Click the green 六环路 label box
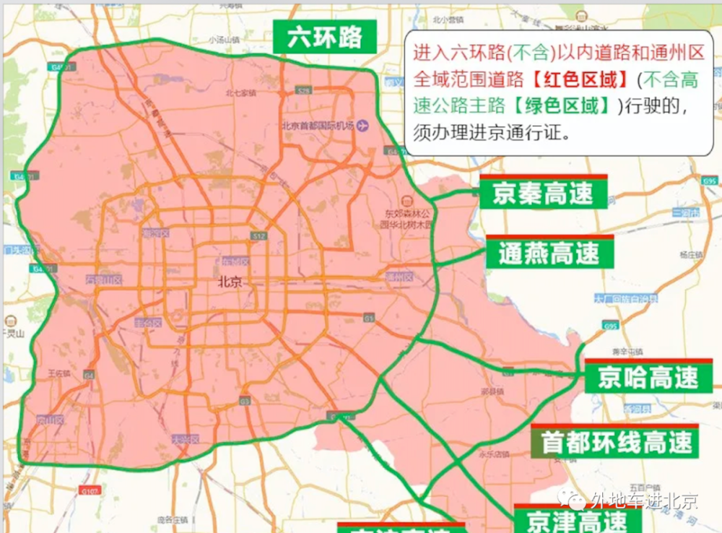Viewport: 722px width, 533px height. tap(325, 38)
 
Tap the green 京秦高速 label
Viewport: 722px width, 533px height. tap(543, 193)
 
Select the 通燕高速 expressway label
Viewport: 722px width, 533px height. tap(549, 253)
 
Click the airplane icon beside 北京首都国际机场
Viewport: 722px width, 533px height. tap(362, 125)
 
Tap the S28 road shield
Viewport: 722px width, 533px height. tap(304, 91)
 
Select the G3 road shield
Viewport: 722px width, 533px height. tap(245, 401)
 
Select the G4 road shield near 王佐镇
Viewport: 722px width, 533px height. tap(89, 376)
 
